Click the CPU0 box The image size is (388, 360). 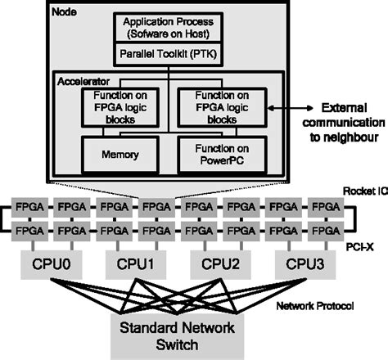(48, 265)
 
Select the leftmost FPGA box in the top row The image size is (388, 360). (27, 209)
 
